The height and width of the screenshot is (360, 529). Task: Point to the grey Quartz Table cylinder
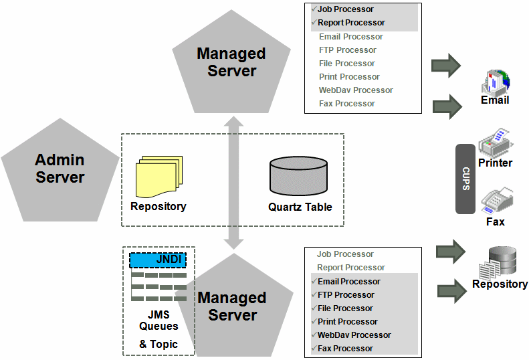click(298, 176)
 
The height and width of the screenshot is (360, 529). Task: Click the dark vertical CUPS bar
click(465, 179)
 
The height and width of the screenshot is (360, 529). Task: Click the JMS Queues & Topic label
click(158, 327)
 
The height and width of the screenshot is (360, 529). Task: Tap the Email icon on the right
click(495, 83)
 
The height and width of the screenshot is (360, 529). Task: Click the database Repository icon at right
click(500, 262)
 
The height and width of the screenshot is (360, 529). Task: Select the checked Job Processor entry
click(346, 9)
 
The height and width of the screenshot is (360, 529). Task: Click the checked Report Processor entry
click(351, 23)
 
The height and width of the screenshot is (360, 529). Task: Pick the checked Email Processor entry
click(348, 282)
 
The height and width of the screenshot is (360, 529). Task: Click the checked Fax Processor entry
click(345, 349)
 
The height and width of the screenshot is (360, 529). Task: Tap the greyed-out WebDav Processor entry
click(356, 90)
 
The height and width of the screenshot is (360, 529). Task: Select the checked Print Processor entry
click(347, 322)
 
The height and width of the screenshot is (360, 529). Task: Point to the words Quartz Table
click(300, 207)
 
